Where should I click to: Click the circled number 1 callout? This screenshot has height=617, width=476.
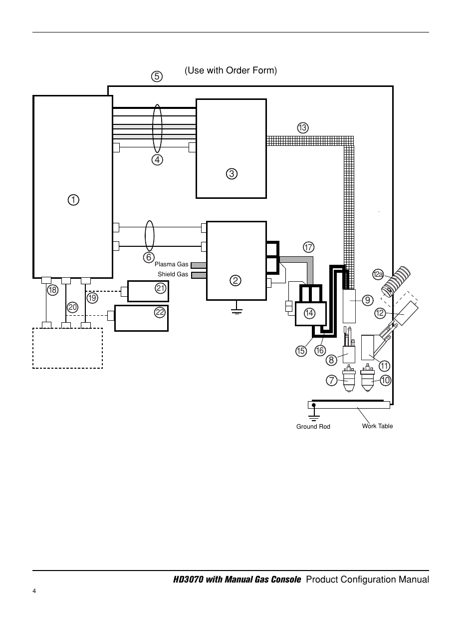73,200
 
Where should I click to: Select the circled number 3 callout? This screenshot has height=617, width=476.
232,174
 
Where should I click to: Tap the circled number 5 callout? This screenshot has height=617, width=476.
157,76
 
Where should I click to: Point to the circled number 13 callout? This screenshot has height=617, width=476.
303,128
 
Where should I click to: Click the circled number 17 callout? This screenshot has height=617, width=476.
308,247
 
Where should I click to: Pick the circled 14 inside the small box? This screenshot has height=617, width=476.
309,313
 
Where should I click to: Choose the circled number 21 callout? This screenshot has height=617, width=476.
161,288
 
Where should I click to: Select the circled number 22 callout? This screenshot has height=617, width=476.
160,312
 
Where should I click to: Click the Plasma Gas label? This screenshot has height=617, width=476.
171,264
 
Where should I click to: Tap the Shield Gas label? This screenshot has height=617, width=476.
173,274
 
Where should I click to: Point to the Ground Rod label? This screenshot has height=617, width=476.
313,427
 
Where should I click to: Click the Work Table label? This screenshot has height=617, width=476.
377,426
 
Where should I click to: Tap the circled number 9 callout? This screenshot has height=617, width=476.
368,300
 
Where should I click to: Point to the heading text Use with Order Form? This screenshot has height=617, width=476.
231,70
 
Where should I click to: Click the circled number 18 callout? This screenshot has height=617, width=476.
52,290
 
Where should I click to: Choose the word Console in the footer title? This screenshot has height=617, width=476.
286,580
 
